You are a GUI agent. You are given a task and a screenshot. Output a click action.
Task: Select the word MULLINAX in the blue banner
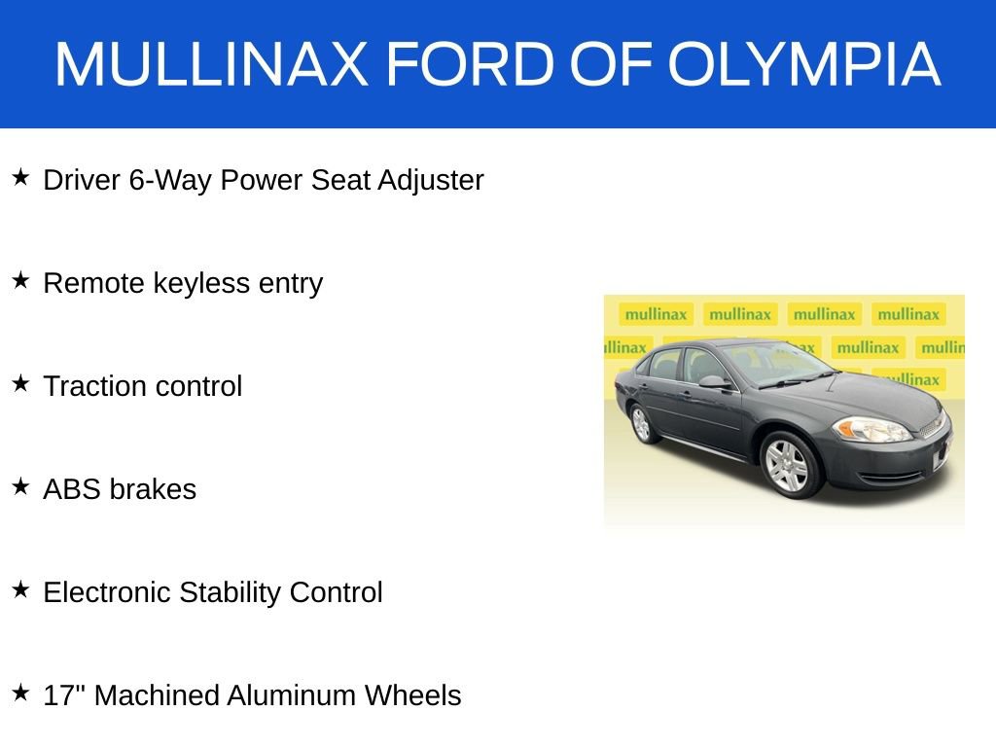click(x=211, y=64)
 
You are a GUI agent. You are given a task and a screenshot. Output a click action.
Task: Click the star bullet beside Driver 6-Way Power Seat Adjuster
click(x=20, y=178)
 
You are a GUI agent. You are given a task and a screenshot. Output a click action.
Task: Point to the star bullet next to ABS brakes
click(x=20, y=486)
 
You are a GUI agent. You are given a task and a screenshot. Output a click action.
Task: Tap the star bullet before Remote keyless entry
click(x=20, y=281)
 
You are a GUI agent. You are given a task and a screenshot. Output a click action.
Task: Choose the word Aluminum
click(x=291, y=695)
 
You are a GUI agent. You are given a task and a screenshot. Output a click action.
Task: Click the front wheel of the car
click(x=787, y=465)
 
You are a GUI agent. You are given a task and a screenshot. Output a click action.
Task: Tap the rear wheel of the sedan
click(x=641, y=423)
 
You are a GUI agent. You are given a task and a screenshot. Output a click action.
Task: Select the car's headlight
click(x=871, y=429)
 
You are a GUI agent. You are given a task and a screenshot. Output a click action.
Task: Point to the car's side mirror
click(x=713, y=382)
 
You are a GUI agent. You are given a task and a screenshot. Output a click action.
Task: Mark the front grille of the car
click(x=931, y=426)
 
